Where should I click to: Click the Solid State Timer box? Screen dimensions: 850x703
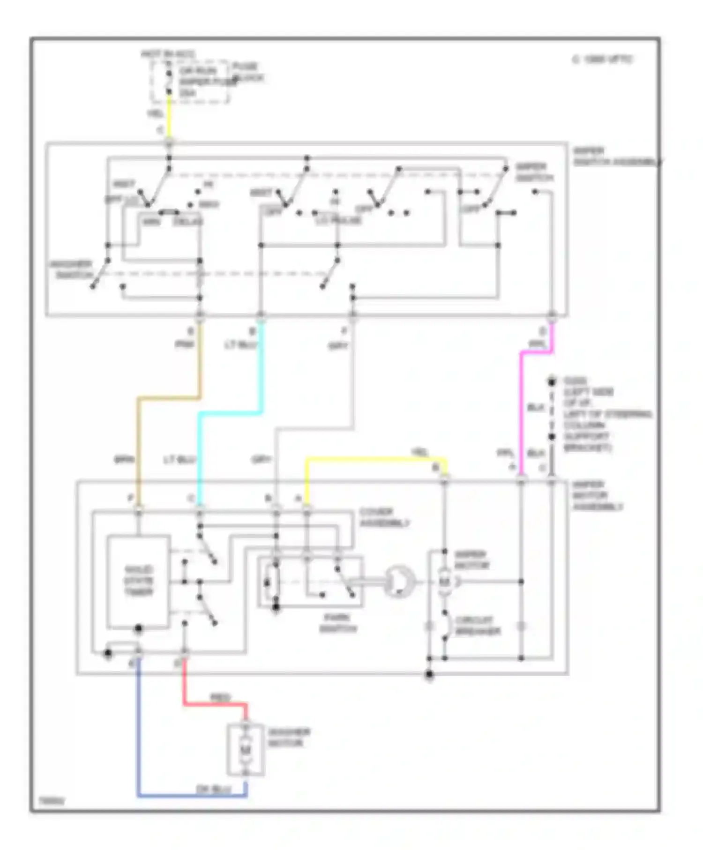point(138,581)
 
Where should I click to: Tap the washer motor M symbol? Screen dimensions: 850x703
point(246,750)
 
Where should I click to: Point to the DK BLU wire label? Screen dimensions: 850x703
point(213,790)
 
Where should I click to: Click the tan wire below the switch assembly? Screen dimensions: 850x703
point(139,445)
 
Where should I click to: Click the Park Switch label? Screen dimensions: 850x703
point(338,623)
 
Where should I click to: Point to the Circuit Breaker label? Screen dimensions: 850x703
point(477,626)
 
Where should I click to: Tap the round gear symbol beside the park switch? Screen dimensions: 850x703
point(399,582)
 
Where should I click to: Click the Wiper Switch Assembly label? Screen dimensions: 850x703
point(616,157)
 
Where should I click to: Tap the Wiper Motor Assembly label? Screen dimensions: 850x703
point(597,496)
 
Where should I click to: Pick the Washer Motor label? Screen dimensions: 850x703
point(289,738)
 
